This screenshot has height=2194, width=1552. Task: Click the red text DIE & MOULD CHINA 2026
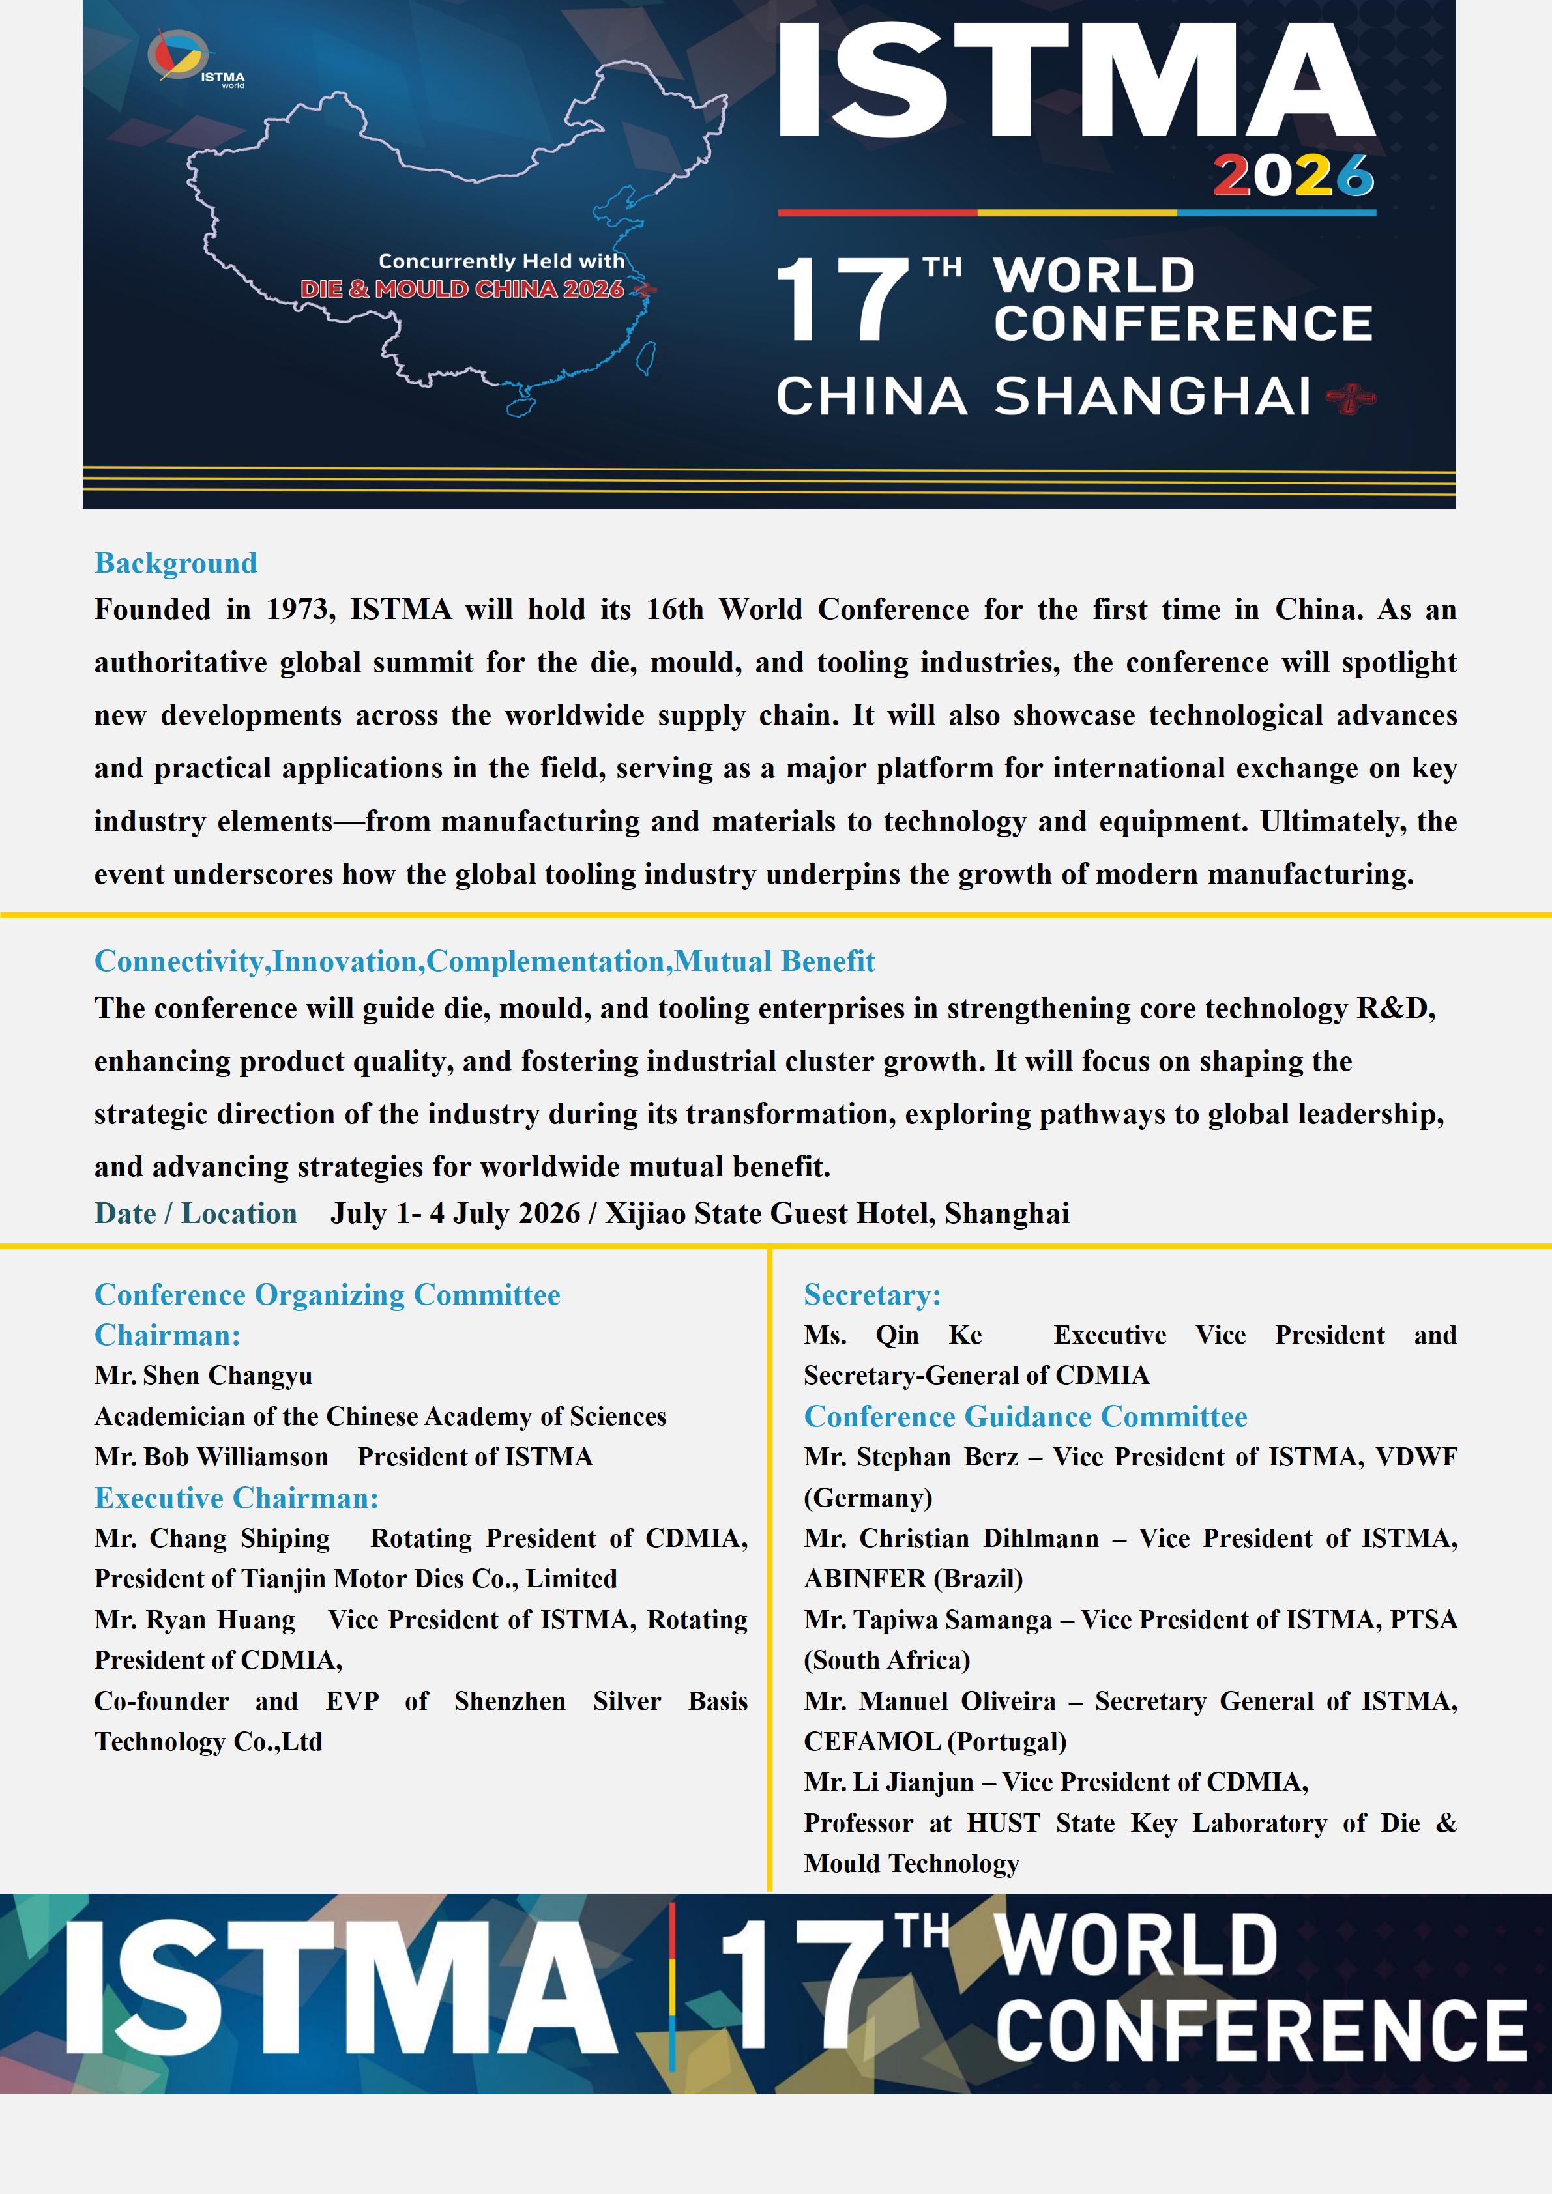(461, 289)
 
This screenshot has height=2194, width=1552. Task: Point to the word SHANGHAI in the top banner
(1152, 397)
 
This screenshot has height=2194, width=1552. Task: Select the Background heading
(176, 563)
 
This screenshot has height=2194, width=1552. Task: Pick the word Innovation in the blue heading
(348, 961)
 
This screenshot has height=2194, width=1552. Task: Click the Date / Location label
(196, 1213)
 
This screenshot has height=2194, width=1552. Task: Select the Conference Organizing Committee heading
(327, 1295)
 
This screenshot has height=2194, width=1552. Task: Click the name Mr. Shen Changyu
(203, 1376)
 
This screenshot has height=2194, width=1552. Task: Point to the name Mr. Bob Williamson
(211, 1457)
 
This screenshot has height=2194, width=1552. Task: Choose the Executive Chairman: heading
(236, 1498)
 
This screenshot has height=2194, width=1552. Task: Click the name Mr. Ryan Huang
(195, 1620)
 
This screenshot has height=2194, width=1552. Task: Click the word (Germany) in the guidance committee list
(868, 1498)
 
